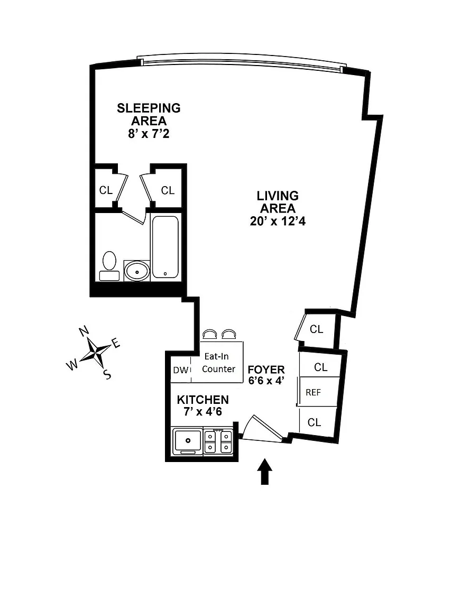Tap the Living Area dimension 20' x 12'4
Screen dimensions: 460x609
pyautogui.click(x=278, y=221)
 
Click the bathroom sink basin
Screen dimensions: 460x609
pyautogui.click(x=137, y=271)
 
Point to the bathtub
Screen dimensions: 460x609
pyautogui.click(x=165, y=247)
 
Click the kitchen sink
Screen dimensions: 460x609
pyautogui.click(x=188, y=441)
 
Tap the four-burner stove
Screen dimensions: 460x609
pyautogui.click(x=218, y=441)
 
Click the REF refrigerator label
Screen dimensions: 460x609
pyautogui.click(x=313, y=392)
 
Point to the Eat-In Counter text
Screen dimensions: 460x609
pyautogui.click(x=219, y=362)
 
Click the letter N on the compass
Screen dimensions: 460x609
pyautogui.click(x=84, y=331)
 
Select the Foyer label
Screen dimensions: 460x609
pyautogui.click(x=266, y=370)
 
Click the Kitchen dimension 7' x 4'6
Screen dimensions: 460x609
pyautogui.click(x=203, y=411)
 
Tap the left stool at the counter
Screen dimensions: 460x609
pyautogui.click(x=209, y=335)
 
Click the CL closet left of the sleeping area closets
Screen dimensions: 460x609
pyautogui.click(x=106, y=190)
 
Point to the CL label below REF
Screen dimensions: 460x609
pyautogui.click(x=314, y=422)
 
